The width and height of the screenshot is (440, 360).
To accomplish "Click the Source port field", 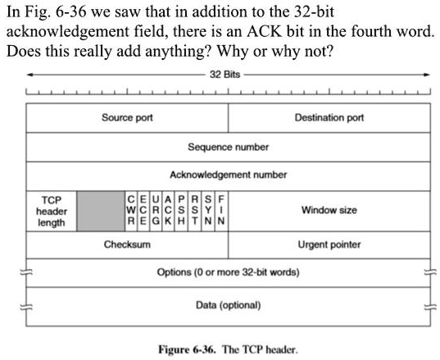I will pyautogui.click(x=127, y=118).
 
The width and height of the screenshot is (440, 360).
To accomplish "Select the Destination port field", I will pyautogui.click(x=329, y=118).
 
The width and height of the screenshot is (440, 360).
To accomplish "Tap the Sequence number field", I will pyautogui.click(x=228, y=148).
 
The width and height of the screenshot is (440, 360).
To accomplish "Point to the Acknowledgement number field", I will pyautogui.click(x=228, y=175).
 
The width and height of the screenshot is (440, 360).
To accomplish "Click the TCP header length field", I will pyautogui.click(x=52, y=211).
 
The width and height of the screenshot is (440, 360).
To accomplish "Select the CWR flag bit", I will pyautogui.click(x=129, y=211).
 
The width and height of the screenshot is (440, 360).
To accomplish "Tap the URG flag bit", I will pyautogui.click(x=156, y=211).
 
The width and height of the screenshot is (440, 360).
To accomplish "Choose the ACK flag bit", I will pyautogui.click(x=169, y=211).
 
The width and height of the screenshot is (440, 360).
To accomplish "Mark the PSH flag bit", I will pyautogui.click(x=182, y=211).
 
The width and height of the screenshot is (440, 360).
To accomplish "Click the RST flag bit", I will pyautogui.click(x=195, y=211).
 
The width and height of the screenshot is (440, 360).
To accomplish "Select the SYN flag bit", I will pyautogui.click(x=208, y=211).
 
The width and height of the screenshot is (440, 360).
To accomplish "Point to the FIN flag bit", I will pyautogui.click(x=221, y=211).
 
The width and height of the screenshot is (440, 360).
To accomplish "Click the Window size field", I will pyautogui.click(x=329, y=211).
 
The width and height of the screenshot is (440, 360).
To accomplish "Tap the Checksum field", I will pyautogui.click(x=127, y=244).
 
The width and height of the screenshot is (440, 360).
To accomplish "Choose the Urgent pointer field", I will pyautogui.click(x=329, y=244).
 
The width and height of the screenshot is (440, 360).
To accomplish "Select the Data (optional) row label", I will pyautogui.click(x=228, y=305).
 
